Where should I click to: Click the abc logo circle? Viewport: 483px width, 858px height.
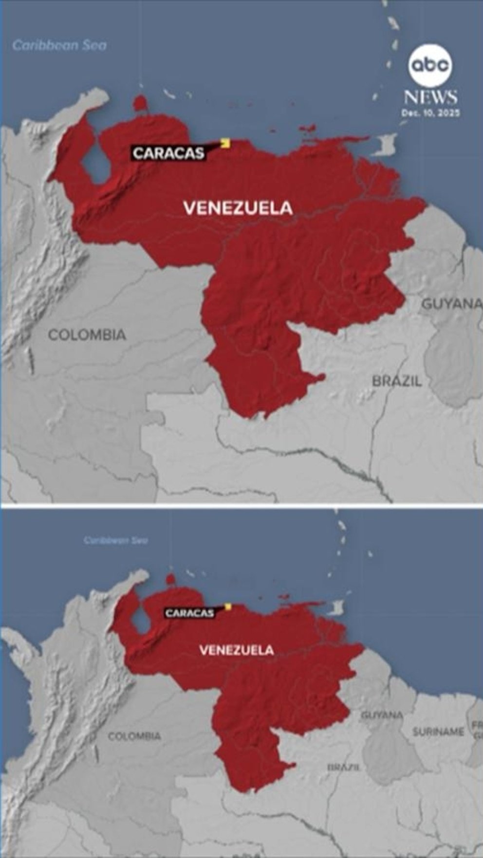tap(430, 65)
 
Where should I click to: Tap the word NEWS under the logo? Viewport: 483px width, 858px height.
tap(430, 97)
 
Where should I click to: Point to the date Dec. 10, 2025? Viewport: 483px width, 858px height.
tap(430, 113)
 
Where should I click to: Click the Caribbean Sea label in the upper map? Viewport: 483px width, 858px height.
tap(59, 45)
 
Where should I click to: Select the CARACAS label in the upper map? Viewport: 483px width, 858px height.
tap(168, 153)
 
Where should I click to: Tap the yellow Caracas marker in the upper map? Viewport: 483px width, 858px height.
tap(225, 142)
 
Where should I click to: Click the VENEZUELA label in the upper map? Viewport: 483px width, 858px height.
tap(238, 208)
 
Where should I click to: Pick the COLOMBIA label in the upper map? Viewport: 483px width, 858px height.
tap(87, 335)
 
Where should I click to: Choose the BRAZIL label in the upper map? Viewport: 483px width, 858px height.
tap(397, 381)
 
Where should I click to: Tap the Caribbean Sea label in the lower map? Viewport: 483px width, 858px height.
tap(115, 540)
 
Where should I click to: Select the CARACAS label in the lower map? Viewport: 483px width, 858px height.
tap(189, 613)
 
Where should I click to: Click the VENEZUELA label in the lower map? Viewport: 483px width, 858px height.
tap(237, 650)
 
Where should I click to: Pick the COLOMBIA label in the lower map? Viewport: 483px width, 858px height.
tap(134, 736)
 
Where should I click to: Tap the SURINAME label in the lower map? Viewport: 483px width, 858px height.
tap(438, 732)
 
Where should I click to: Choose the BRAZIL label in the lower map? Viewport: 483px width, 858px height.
tap(344, 767)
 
